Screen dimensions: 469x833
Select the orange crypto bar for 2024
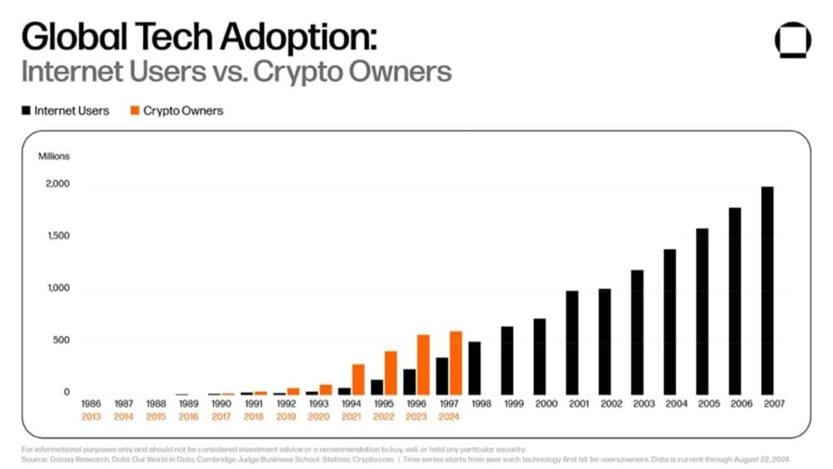(x=456, y=362)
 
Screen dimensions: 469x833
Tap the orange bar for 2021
(x=358, y=379)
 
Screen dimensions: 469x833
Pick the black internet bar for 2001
(x=572, y=342)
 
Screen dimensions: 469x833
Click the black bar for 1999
(x=507, y=360)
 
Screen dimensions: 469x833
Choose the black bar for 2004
(x=669, y=322)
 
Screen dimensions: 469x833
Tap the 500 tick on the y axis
(x=62, y=341)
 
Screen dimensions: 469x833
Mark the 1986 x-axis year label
(x=92, y=403)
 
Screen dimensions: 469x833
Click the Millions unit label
(x=54, y=156)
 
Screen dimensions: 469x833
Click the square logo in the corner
(x=793, y=40)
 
